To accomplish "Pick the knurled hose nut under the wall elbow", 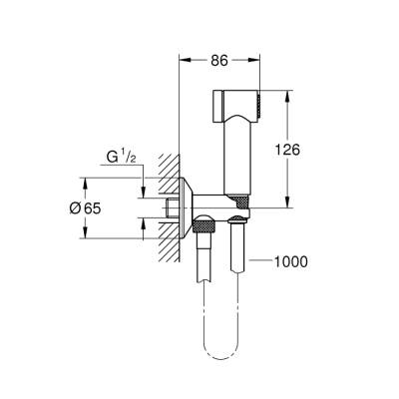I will (203, 230).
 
